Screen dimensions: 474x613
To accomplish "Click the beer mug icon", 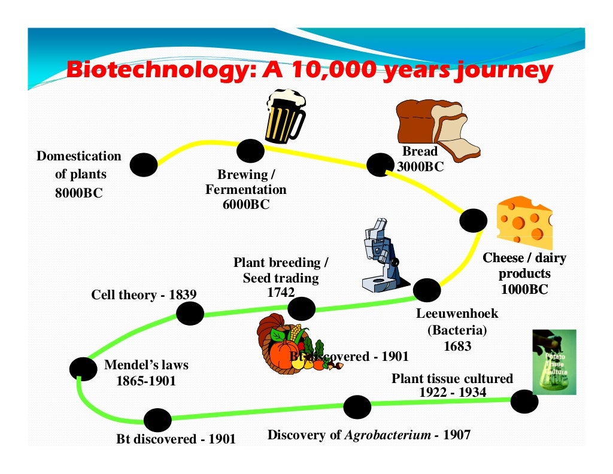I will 285,116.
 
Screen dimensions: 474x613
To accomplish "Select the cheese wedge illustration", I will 524,219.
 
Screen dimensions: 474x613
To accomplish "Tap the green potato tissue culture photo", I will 554,361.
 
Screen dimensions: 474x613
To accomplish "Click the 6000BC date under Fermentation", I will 245,204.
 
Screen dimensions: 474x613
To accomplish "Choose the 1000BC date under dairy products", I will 524,290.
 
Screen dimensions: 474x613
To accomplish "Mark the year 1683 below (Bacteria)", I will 457,346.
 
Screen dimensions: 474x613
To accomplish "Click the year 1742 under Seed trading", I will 280,292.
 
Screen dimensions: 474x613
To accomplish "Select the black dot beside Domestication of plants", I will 144,165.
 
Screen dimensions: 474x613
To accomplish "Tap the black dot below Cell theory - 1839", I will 190,314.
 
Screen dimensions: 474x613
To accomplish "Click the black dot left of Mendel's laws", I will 83,369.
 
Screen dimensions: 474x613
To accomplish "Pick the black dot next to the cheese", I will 474,221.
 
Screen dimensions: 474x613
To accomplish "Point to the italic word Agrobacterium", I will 387,435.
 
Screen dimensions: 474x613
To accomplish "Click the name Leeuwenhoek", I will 457,314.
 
